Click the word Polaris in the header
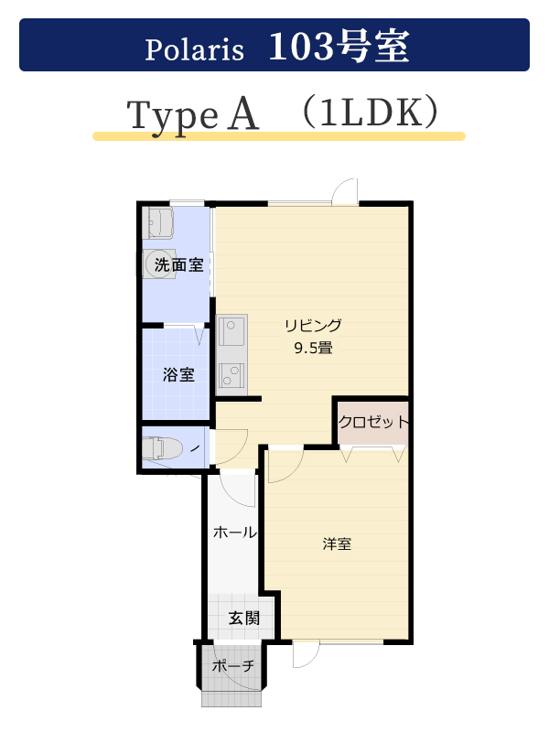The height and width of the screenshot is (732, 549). pos(194,49)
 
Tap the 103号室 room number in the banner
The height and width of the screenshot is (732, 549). pos(339,46)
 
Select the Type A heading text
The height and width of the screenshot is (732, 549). pos(192,115)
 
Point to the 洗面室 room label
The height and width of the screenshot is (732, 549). pos(178,264)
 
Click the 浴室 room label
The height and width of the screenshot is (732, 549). pos(178,374)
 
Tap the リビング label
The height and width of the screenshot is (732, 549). pos(313,326)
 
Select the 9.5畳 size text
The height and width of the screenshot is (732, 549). pos(313,348)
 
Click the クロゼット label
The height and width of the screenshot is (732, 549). pos(373,422)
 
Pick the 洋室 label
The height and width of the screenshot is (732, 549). pos(337,544)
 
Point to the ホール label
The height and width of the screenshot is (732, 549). pos(235,532)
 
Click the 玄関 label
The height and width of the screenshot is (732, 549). pos(244,619)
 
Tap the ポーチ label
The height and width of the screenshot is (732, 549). pos(233,665)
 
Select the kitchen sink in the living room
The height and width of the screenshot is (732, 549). pos(231,330)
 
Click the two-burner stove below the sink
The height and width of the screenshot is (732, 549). pos(231,375)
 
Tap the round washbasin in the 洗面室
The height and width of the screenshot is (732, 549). pos(159,264)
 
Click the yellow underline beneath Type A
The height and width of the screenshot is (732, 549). pos(279,136)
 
